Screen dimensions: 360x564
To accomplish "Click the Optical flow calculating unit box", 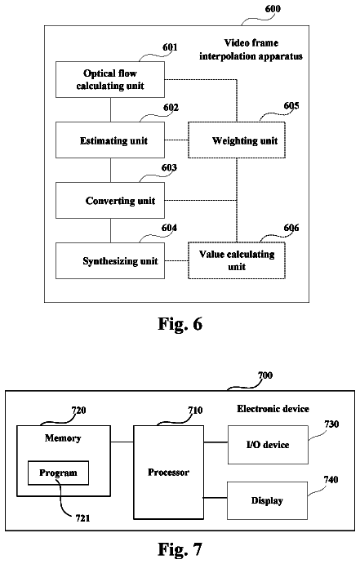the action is (110, 79).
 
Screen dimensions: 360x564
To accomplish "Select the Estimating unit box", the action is (110, 140).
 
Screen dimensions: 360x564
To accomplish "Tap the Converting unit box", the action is (110, 200).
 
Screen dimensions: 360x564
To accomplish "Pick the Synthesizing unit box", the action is (110, 260).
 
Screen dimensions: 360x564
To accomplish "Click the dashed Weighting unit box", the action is (237, 140).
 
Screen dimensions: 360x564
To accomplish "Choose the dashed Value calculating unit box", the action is (237, 260).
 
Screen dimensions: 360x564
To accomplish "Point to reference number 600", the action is (273, 9).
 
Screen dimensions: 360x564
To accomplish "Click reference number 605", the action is (291, 106).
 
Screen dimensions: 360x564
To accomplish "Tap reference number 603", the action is (169, 168).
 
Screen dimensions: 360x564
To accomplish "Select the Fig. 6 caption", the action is (180, 324).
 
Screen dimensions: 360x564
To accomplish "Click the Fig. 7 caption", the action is (180, 549).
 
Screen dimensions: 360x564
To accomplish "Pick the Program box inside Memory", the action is (58, 473).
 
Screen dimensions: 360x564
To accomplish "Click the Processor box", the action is (169, 473).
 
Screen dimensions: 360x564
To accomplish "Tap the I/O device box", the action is (268, 445).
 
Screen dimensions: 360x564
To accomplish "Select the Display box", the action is (267, 500).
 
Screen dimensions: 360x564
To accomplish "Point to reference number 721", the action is (82, 518).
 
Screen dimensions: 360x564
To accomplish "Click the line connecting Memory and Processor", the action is (122, 442).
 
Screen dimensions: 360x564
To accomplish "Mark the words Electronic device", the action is (273, 409).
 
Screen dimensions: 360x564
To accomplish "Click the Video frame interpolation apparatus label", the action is (251, 50).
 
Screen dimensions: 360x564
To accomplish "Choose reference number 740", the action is (331, 480).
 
